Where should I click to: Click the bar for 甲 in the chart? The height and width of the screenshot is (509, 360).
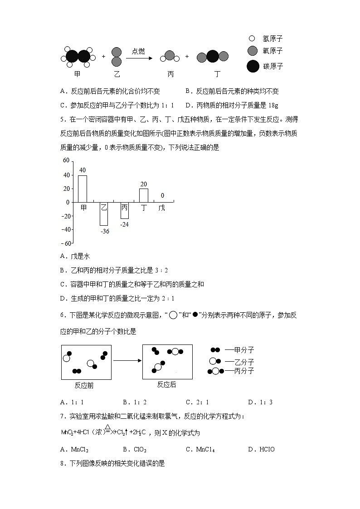click(83, 189)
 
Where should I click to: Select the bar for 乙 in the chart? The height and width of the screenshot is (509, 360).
click(104, 214)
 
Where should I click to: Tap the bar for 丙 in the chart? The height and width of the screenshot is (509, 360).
click(124, 211)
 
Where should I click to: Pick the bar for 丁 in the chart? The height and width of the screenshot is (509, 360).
click(144, 195)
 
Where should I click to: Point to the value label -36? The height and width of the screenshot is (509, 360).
click(105, 231)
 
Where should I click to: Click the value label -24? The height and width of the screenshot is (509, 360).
click(125, 224)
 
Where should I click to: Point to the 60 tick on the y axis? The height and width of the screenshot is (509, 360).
click(66, 160)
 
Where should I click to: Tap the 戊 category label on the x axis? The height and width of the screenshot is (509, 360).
click(162, 208)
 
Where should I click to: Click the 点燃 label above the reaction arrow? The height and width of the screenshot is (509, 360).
click(138, 51)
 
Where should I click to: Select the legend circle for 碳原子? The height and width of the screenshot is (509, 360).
click(253, 66)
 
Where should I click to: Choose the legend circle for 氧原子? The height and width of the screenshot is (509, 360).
click(252, 51)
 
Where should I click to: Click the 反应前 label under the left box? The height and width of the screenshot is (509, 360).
click(84, 386)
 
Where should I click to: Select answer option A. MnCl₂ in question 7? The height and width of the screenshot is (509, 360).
click(74, 449)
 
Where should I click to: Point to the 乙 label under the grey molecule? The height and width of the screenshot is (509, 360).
click(116, 74)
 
